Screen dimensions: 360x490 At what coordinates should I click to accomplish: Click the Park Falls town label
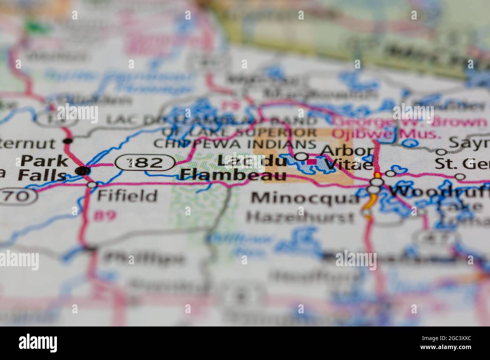coord(41,168)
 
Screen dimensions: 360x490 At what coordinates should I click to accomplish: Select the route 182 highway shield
coord(145,163)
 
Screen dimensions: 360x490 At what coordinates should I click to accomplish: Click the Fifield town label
coord(127,196)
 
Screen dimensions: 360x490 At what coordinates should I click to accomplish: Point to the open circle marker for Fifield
coord(92,185)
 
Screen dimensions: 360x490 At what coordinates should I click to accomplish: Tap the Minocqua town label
coord(306,198)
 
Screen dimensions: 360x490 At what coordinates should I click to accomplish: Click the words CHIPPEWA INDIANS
coord(235,144)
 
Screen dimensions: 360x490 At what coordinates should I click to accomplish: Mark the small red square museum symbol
coord(312,162)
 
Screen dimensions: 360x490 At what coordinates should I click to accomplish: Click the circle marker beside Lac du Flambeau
coord(301,156)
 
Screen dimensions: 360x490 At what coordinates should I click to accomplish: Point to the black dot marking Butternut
coord(68,141)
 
